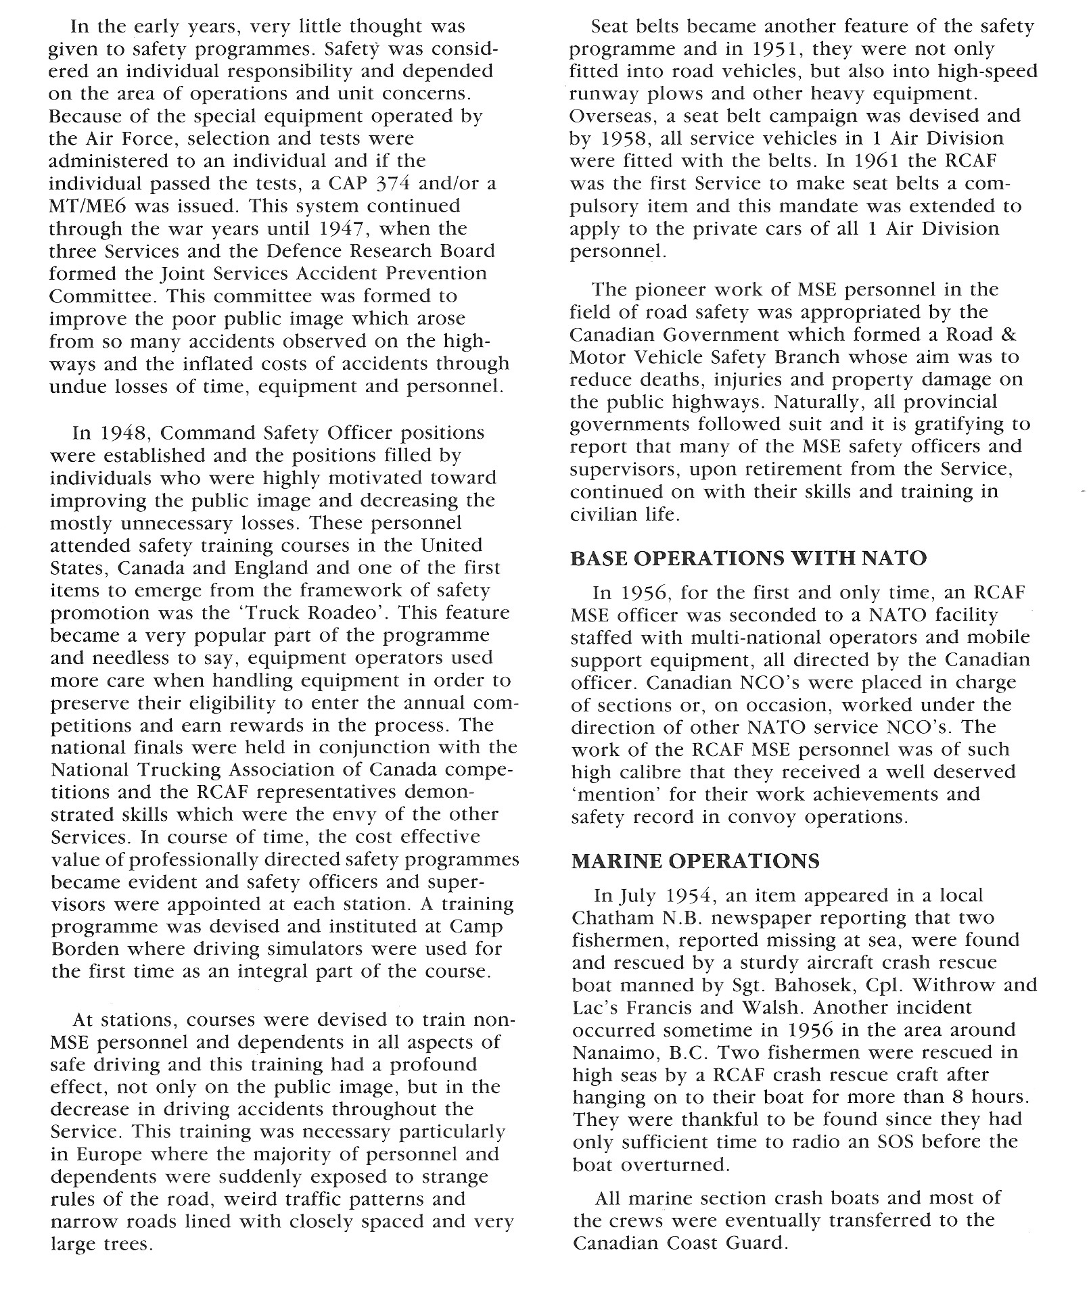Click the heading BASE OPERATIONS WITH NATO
click(x=748, y=559)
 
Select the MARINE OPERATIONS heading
click(x=695, y=861)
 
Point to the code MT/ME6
click(x=86, y=206)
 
